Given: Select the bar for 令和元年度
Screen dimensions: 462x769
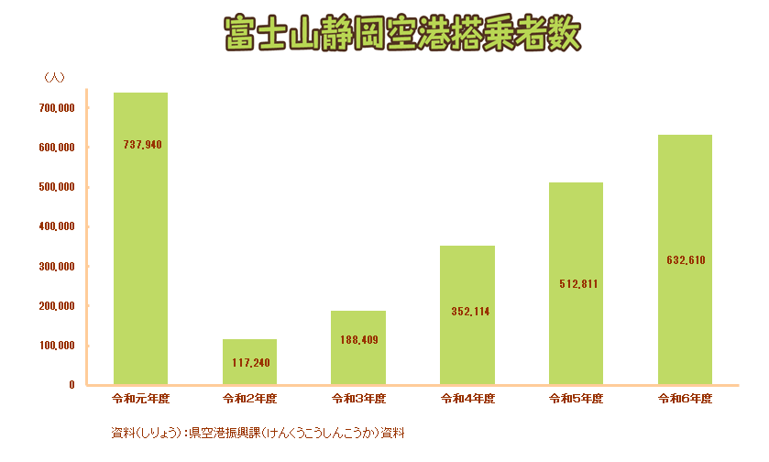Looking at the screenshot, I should (x=140, y=238).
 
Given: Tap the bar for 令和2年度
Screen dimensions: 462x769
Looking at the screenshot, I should (x=249, y=362).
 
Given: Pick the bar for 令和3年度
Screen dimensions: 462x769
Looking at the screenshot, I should (x=358, y=348).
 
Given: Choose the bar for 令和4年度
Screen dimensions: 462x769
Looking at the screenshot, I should (x=467, y=315).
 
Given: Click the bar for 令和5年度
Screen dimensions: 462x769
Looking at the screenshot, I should (x=577, y=283).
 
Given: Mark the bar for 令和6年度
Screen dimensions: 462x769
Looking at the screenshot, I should (x=685, y=259).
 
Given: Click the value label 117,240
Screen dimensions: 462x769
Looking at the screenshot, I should (x=249, y=363).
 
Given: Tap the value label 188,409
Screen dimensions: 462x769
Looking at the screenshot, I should (x=358, y=340).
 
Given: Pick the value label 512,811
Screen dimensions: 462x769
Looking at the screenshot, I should (x=578, y=284).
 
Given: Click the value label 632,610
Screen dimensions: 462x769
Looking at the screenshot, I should (x=685, y=260).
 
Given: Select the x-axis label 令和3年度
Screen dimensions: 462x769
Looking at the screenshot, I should (x=358, y=400).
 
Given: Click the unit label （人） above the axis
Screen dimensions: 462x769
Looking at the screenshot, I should (x=52, y=78).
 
